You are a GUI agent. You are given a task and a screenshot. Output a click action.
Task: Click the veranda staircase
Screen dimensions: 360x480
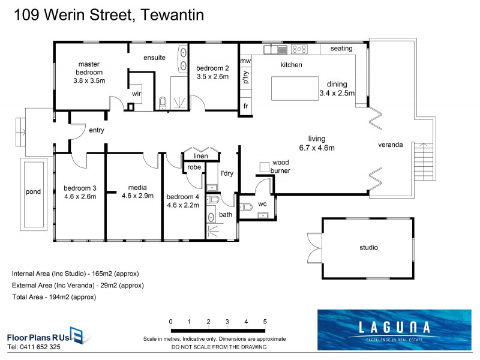point(424,162)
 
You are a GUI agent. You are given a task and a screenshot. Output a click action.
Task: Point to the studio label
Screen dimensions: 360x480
point(368,247)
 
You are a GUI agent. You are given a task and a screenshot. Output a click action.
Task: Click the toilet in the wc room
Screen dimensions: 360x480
point(246,207)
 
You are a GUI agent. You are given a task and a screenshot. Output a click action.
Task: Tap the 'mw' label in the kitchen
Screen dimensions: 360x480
point(245,61)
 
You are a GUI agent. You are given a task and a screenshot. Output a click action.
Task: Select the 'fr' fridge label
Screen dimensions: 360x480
point(245,106)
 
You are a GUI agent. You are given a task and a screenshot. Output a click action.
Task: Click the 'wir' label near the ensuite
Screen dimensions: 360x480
point(137,94)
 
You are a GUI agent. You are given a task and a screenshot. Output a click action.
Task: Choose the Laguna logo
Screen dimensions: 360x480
point(394,329)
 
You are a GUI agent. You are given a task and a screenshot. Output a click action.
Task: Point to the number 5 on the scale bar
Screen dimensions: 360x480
point(265,322)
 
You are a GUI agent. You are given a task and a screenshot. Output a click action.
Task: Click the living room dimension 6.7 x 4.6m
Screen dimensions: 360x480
point(317,148)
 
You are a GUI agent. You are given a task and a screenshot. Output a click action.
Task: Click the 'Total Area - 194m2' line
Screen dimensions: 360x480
point(54,297)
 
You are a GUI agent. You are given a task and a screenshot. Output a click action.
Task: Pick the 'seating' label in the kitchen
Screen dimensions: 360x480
point(341,49)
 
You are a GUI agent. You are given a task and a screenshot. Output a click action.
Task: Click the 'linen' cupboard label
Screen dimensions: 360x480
point(200,156)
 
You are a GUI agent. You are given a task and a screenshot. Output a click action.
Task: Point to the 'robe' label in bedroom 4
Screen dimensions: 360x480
point(194,167)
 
